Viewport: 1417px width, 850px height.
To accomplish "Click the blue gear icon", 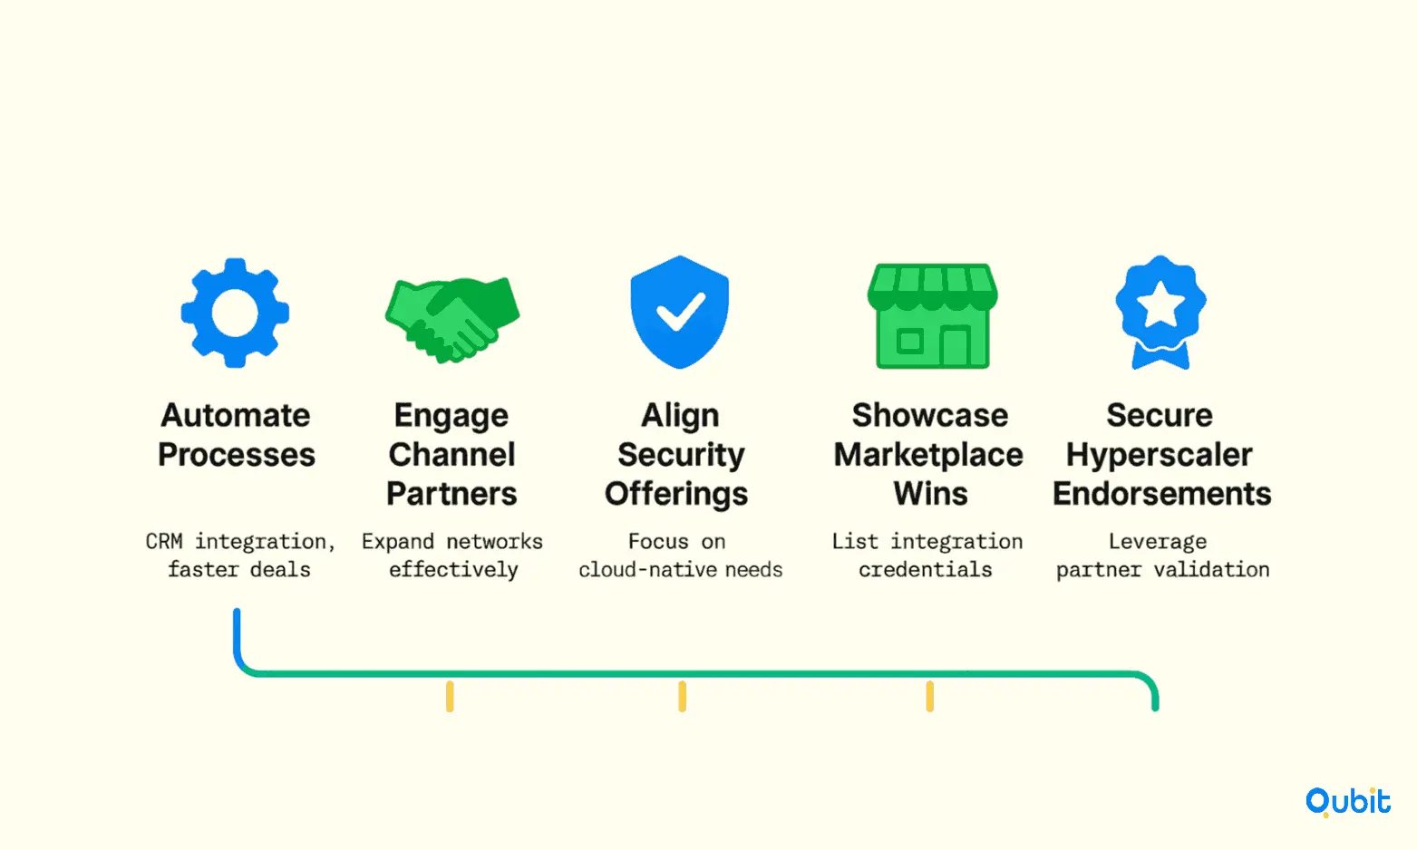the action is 235,313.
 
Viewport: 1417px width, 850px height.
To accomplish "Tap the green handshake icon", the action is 452,319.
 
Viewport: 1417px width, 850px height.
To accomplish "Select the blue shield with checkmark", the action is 679,312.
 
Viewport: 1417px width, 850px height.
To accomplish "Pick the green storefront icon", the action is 933,315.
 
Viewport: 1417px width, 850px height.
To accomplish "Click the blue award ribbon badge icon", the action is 1160,312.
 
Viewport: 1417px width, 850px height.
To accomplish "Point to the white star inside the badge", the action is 1160,304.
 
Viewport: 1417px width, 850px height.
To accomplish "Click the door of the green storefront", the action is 955,346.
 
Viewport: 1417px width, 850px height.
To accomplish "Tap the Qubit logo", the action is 1348,802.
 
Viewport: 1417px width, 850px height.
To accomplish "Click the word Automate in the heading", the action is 236,416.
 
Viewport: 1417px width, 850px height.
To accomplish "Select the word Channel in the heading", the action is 451,455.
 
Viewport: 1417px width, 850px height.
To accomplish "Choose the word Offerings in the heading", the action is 676,495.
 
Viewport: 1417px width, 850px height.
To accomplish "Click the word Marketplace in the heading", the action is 928,455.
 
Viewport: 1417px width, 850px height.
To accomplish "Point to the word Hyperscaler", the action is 1159,455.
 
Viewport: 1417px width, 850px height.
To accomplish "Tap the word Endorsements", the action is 1161,494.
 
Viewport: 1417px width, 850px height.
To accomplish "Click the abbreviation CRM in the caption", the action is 164,541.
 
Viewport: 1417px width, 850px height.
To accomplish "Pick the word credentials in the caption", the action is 925,570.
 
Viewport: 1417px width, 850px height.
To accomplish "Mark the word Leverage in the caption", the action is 1158,542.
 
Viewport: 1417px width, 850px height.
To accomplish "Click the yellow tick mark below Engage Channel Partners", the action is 450,696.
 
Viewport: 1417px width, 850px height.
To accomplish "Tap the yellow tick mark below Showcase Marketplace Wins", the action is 929,696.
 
